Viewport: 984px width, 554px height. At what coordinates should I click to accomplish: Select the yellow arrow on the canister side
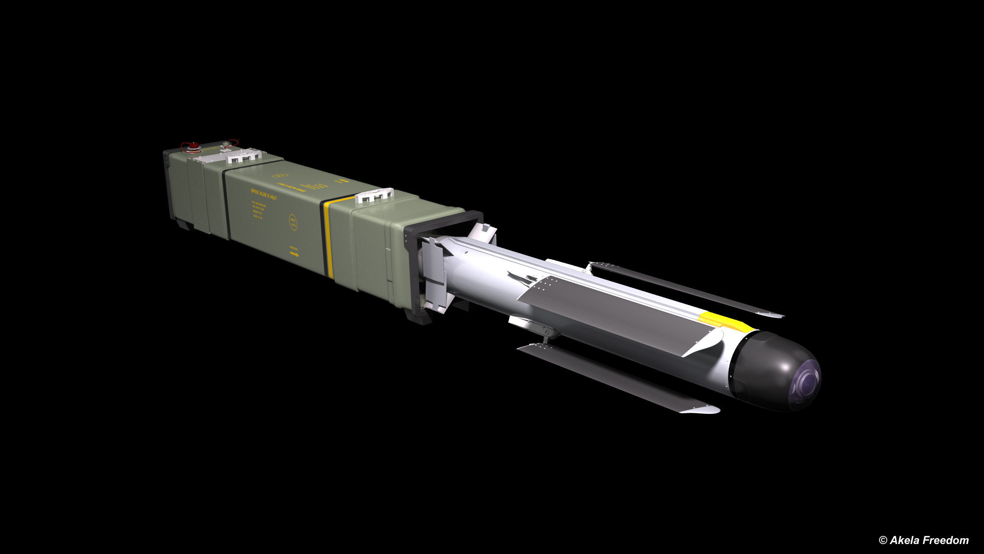[x=294, y=254]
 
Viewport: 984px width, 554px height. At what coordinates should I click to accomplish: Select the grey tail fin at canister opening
[x=434, y=269]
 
